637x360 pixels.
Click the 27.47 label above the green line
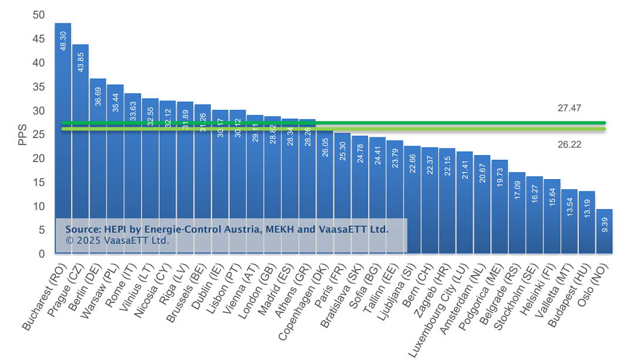569,108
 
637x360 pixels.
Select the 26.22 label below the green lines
569,144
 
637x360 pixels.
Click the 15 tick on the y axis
39,183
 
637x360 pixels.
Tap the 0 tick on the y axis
42,254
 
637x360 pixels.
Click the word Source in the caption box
82,230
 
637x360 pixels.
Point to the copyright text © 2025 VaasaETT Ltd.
117,241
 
